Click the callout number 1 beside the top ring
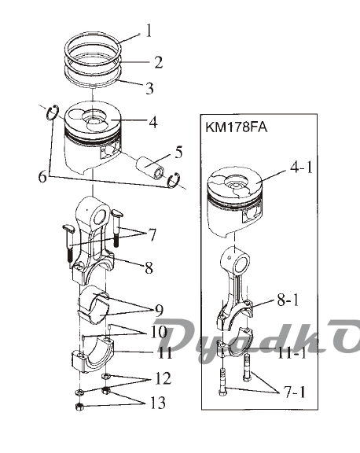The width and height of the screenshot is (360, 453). coord(149,31)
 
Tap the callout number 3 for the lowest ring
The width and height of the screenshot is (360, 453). coord(149,88)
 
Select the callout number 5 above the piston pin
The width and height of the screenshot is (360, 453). coord(178,152)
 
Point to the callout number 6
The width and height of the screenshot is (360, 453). coord(42,176)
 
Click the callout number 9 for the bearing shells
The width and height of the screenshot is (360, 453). coord(159,311)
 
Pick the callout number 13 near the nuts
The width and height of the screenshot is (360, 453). coord(158,403)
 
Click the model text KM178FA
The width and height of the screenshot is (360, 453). coord(236,127)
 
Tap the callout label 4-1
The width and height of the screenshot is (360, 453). coord(301,167)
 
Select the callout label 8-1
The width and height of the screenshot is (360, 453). coord(288,300)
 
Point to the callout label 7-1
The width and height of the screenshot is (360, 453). coord(295,392)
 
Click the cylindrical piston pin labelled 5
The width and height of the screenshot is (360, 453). coord(150,169)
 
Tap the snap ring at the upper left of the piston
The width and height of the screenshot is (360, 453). coord(53,112)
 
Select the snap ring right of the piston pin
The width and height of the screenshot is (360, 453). coord(174,181)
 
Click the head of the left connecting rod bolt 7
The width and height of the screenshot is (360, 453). coord(68,229)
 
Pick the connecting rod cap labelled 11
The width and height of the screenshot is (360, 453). coord(93,355)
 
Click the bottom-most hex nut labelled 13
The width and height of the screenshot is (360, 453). coord(79,407)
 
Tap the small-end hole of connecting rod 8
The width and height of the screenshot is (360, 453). coord(100,216)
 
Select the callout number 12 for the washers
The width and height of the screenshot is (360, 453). coord(163,378)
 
